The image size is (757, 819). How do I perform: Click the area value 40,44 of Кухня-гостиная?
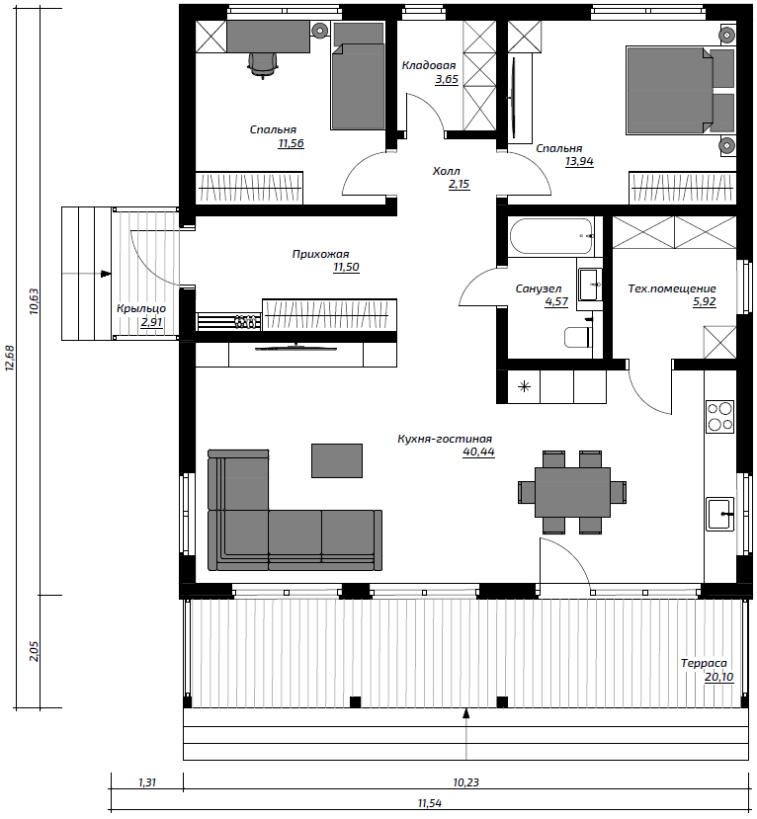click(478, 451)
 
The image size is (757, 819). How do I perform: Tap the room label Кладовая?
click(429, 65)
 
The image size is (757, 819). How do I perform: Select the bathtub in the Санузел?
click(550, 236)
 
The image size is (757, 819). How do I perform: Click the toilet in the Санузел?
click(577, 337)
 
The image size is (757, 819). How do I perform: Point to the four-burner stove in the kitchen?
click(719, 416)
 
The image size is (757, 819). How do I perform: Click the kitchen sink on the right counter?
click(719, 514)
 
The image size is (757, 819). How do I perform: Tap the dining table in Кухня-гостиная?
click(572, 492)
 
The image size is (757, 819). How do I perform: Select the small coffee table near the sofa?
click(337, 460)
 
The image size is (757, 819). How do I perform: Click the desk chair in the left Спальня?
click(262, 64)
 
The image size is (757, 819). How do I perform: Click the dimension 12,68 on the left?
click(9, 358)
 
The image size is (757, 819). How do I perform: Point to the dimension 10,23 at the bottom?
click(465, 782)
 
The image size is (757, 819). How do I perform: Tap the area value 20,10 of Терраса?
click(718, 677)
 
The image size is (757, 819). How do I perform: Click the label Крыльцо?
click(141, 308)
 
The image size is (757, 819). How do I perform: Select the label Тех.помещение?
click(672, 288)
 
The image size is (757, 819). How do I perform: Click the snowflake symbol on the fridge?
click(524, 386)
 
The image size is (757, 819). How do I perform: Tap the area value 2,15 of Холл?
click(459, 185)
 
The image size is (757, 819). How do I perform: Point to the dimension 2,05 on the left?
click(34, 651)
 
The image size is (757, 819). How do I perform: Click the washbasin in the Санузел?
click(590, 285)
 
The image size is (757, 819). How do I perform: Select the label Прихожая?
click(320, 254)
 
